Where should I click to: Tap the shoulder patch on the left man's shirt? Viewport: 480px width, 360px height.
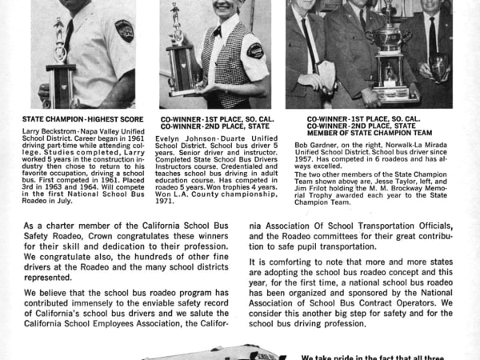pyautogui.click(x=124, y=30)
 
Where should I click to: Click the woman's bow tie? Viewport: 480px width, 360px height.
pyautogui.click(x=217, y=33)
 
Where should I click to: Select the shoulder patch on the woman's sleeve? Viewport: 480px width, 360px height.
pyautogui.click(x=254, y=50)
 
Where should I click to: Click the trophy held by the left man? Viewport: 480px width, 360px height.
pyautogui.click(x=60, y=52)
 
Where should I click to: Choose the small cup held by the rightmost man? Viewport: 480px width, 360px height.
pyautogui.click(x=438, y=64)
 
